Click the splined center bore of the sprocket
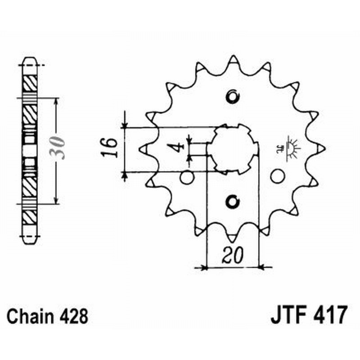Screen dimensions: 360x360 point(233,148)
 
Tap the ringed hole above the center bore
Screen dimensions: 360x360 point(233,96)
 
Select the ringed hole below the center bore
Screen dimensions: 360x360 point(233,202)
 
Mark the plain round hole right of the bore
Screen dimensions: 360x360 point(278,176)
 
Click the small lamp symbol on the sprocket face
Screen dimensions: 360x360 point(291,149)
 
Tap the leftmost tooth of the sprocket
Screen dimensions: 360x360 point(144,148)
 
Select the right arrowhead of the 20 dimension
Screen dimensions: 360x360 point(263,268)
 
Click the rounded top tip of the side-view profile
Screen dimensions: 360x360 point(30,59)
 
